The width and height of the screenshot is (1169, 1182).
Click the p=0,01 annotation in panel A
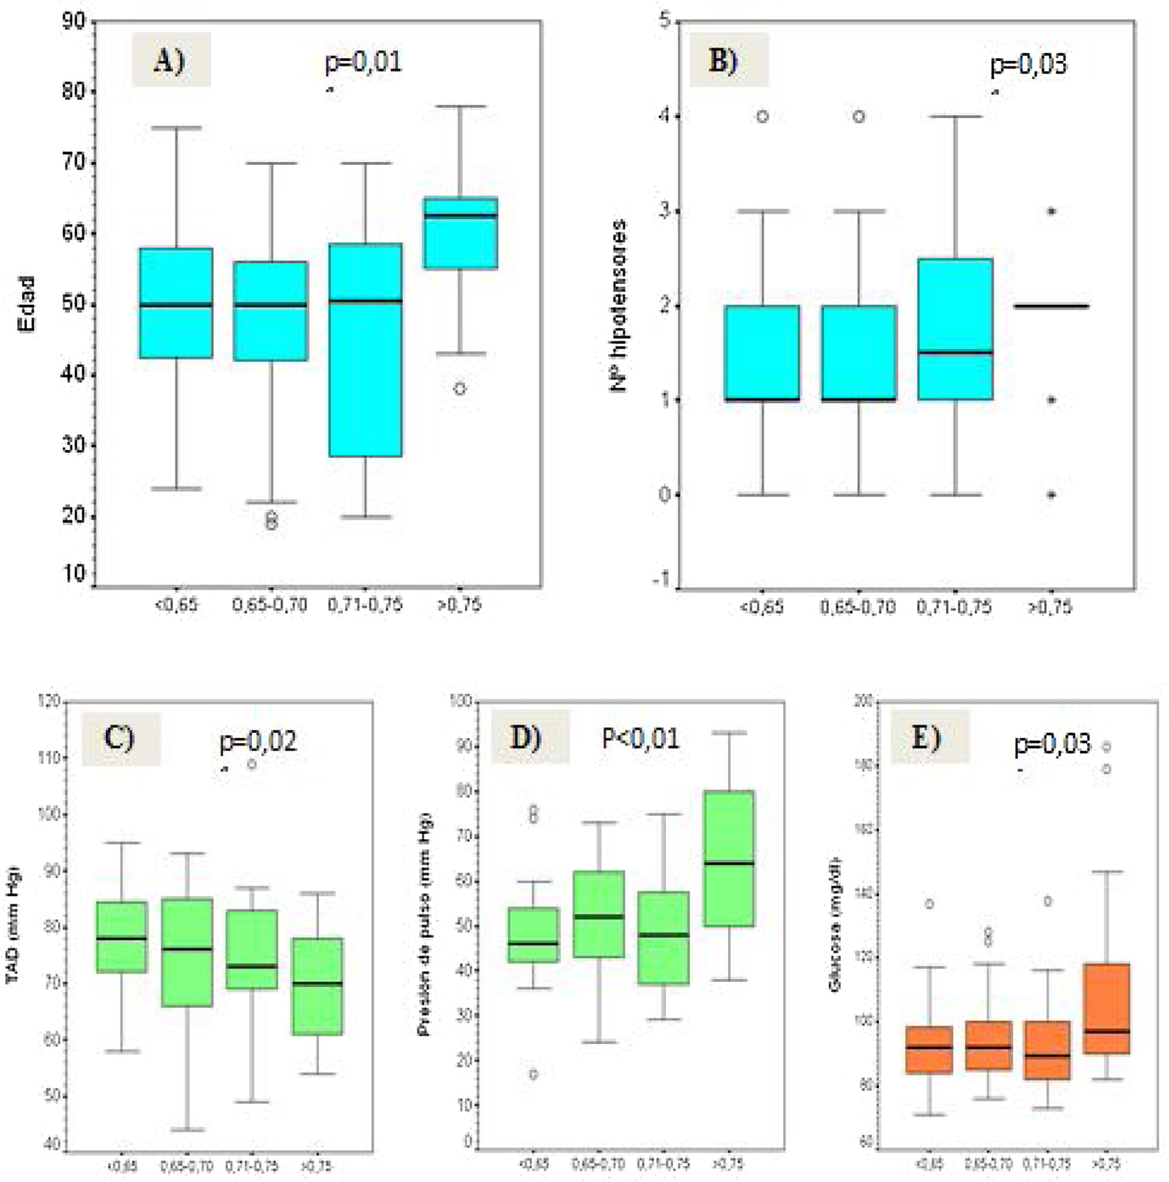(363, 63)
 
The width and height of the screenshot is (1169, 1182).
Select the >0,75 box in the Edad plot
(460, 232)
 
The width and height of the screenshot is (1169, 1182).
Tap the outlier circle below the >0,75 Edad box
(460, 388)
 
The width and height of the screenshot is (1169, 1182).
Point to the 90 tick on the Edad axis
(73, 21)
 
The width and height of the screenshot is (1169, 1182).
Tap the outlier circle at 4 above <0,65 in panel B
(762, 116)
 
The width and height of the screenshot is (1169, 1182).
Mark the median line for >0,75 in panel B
(1051, 305)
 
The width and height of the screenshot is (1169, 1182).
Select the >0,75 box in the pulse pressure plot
(729, 858)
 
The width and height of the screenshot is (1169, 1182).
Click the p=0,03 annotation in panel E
(1052, 743)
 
